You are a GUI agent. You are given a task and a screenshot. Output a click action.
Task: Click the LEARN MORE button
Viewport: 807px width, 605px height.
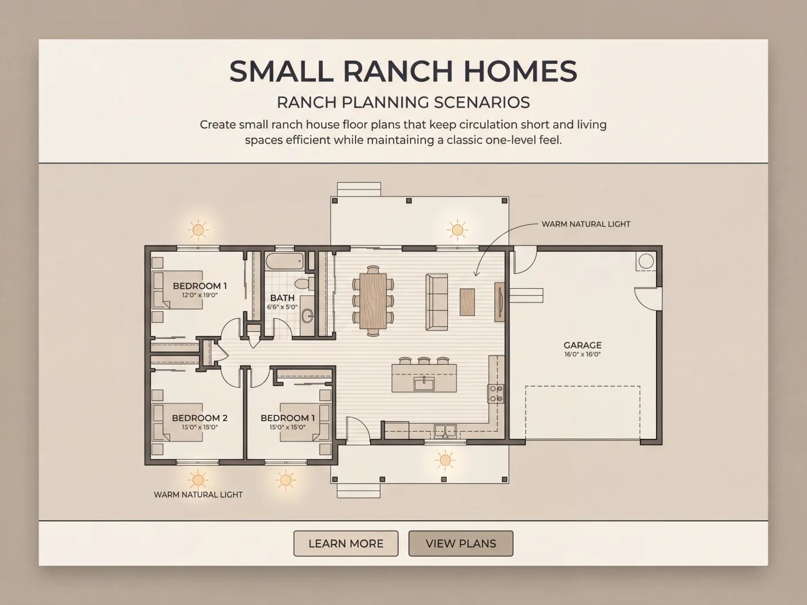coord(346,543)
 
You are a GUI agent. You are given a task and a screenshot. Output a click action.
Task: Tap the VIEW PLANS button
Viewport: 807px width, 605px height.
coord(461,543)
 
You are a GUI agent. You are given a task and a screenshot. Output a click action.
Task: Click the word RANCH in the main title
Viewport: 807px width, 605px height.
coord(398,71)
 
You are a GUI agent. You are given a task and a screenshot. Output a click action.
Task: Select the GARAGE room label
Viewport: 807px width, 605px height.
coord(582,345)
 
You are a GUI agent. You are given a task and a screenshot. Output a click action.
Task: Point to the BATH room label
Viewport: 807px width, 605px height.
coord(282,298)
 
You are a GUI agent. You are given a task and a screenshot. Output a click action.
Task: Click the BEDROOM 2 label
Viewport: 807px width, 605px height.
coord(199,418)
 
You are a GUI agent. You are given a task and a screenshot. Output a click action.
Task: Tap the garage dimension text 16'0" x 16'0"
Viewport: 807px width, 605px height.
coord(582,354)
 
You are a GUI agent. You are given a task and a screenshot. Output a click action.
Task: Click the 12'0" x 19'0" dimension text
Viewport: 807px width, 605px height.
coord(199,295)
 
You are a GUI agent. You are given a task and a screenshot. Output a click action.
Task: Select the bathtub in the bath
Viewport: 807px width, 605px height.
coord(285,261)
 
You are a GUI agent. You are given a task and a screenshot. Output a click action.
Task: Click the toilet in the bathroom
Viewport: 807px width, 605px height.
coord(304,283)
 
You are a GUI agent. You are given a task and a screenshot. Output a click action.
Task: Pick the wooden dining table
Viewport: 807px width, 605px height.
coord(373,301)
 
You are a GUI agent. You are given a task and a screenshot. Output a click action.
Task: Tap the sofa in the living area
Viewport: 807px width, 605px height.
coord(436,302)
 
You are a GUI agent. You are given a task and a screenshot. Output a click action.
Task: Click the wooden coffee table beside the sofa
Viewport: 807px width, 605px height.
coord(467,302)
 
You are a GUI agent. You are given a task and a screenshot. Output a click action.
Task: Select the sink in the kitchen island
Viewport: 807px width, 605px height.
coord(424,384)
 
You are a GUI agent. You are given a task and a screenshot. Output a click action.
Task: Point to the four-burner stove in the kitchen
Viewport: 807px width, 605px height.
coord(496,394)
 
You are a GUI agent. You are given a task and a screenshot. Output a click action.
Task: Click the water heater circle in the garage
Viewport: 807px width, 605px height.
coord(646,261)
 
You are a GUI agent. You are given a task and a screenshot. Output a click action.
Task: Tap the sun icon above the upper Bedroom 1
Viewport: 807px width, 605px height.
coord(198,230)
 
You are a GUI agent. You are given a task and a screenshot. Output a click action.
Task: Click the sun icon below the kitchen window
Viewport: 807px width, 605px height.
coord(445,460)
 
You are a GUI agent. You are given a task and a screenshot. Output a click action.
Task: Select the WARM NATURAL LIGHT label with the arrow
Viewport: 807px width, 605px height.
coord(586,224)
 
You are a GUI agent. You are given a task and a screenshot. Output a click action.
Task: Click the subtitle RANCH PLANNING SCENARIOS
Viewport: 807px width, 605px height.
coord(403,103)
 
